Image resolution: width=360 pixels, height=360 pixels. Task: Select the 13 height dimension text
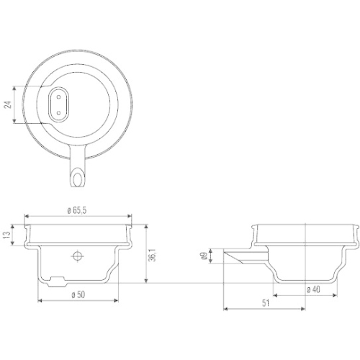click(x=8, y=235)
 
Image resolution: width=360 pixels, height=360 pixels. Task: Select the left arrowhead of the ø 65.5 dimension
click(x=27, y=215)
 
